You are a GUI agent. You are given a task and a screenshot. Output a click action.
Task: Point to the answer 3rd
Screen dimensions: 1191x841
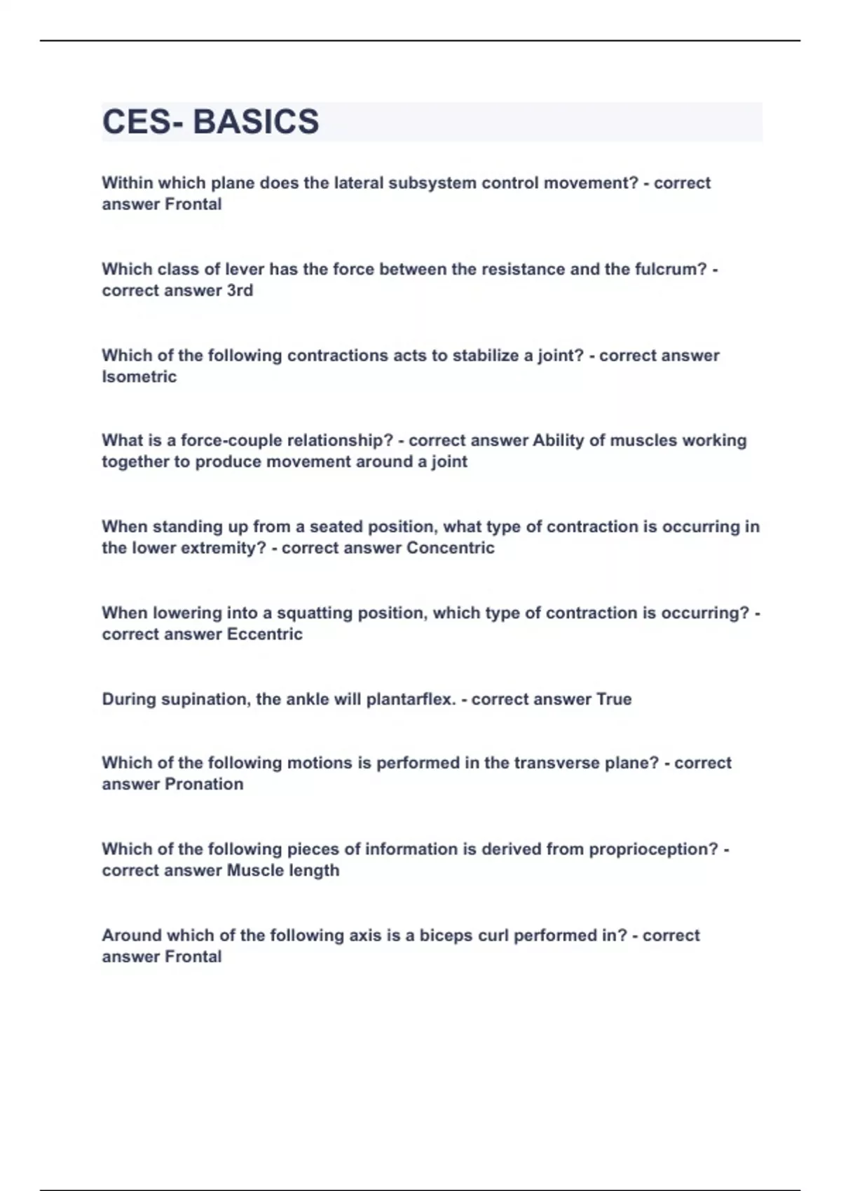[x=240, y=290]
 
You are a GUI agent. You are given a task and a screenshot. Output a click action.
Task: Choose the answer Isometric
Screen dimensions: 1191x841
[x=139, y=376]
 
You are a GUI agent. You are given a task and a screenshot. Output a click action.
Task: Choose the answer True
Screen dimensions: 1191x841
[x=613, y=699]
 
